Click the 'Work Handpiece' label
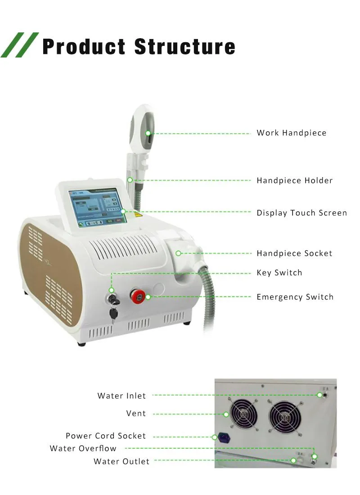pos(291,133)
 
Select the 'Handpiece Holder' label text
pos(294,181)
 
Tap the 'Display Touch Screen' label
pos(301,213)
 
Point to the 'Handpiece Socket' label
pos(294,254)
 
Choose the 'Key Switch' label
pos(279,273)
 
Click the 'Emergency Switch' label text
pos(295,297)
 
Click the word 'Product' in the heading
pos(84,47)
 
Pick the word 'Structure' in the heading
pos(185,47)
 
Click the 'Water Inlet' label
pos(121,396)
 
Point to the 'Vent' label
pos(136,414)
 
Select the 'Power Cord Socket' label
pos(106,436)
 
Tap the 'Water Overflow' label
pos(83,449)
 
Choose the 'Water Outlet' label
pos(121,462)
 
